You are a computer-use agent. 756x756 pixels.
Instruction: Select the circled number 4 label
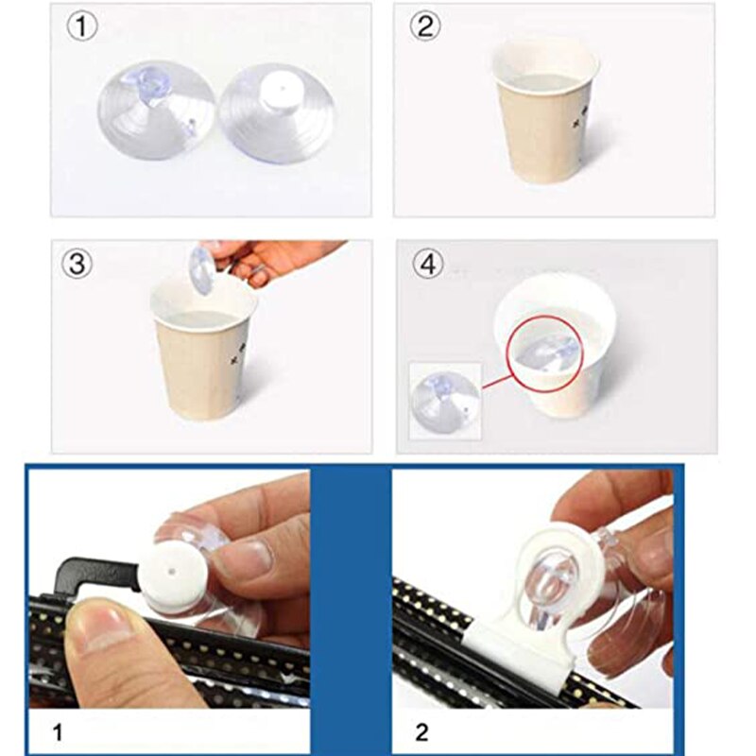point(427,265)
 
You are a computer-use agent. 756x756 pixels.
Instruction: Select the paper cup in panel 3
point(202,359)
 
